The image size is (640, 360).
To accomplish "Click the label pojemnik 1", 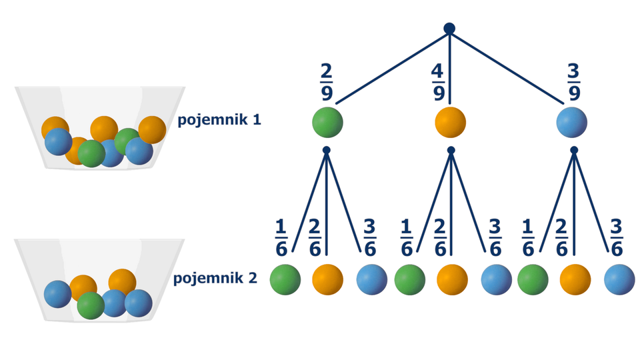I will pyautogui.click(x=219, y=120).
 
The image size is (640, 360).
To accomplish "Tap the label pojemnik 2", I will pyautogui.click(x=215, y=278).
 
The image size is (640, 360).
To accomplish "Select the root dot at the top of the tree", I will pyautogui.click(x=449, y=29).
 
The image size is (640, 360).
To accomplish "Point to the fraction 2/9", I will pyautogui.click(x=327, y=82).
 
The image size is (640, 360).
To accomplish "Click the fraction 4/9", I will pyautogui.click(x=438, y=82).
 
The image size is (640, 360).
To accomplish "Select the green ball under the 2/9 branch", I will pyautogui.click(x=327, y=123).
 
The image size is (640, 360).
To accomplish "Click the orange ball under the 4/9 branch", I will pyautogui.click(x=450, y=123).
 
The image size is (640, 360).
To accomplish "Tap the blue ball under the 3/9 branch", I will pyautogui.click(x=572, y=123).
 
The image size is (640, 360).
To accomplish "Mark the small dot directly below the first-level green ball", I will pyautogui.click(x=327, y=151).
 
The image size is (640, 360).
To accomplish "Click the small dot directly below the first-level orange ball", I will pyautogui.click(x=451, y=151).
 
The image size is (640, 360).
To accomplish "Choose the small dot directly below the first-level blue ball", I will pyautogui.click(x=574, y=151).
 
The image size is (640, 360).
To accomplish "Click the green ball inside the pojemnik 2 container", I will pyautogui.click(x=91, y=305).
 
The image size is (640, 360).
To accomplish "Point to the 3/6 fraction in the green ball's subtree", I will pyautogui.click(x=369, y=238).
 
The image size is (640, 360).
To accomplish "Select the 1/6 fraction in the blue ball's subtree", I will pyautogui.click(x=528, y=238).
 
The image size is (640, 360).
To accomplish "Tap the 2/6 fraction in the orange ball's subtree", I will pyautogui.click(x=440, y=238).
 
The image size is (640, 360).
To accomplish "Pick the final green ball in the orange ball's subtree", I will pyautogui.click(x=409, y=280).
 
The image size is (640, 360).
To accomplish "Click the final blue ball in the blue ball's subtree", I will pyautogui.click(x=619, y=280).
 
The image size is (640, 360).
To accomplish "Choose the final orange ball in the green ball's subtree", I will pyautogui.click(x=327, y=280).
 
